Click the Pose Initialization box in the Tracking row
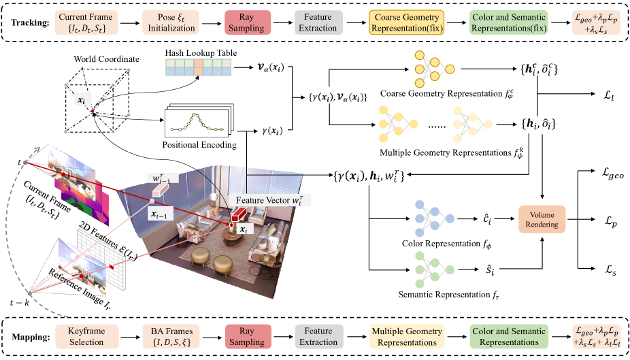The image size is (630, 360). coord(171,22)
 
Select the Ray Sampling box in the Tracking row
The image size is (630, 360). coord(246,22)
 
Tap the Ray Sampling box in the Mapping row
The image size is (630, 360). coord(247,336)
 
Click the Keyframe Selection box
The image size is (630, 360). coord(86,336)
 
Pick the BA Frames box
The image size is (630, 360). coord(171,336)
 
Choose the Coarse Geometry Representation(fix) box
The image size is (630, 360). coord(407,22)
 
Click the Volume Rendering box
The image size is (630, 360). coord(542,219)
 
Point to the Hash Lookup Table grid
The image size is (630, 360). coord(199,67)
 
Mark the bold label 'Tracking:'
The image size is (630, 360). coord(30,22)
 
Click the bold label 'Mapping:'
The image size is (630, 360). coord(31,337)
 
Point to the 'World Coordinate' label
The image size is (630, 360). coord(106,59)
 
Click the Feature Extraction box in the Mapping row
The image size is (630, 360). coord(318,336)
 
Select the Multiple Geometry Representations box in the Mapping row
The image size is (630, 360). coord(407,336)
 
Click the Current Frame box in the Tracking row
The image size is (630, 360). coord(86,22)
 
